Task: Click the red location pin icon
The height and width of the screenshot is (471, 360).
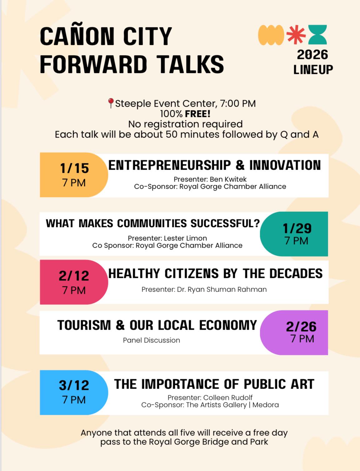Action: [x=111, y=103]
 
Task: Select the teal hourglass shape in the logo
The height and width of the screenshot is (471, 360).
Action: [x=318, y=35]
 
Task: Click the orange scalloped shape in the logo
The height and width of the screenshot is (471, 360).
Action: [x=271, y=35]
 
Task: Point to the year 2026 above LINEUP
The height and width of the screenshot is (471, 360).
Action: [x=312, y=55]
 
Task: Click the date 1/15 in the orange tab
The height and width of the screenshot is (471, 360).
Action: [x=74, y=168]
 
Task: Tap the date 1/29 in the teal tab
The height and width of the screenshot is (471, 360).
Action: [x=297, y=228]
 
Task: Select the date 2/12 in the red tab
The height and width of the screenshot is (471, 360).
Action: [x=74, y=276]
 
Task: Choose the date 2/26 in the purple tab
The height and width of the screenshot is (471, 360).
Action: [x=301, y=327]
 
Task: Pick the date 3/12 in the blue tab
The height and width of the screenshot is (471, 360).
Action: [x=74, y=385]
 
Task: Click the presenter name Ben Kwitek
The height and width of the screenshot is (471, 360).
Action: [x=228, y=179]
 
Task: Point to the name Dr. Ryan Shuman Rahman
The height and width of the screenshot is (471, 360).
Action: [x=222, y=289]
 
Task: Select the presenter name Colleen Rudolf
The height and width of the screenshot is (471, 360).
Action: [x=228, y=397]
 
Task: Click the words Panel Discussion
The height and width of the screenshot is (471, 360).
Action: [x=151, y=340]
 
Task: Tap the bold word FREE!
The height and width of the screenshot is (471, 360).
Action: [x=198, y=114]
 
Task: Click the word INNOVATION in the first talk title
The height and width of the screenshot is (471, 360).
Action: [x=285, y=165]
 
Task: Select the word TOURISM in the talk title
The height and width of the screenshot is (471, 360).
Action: [x=84, y=325]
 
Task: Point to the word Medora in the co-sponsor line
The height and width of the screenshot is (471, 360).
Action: [x=265, y=405]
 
